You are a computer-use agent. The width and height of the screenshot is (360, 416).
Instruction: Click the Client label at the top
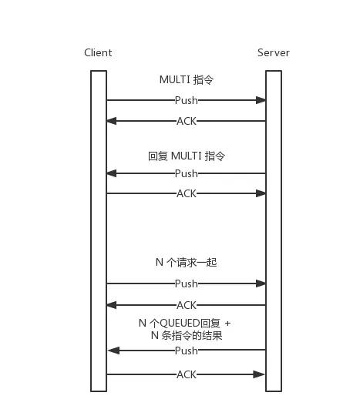[98, 52]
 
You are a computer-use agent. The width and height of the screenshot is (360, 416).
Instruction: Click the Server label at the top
[273, 52]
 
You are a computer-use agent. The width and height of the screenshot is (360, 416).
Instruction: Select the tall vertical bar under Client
[98, 231]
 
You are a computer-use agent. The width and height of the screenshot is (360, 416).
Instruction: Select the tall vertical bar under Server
[273, 231]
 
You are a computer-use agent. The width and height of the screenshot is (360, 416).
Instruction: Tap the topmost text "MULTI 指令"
[187, 79]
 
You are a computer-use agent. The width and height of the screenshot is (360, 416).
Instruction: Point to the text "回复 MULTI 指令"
[187, 156]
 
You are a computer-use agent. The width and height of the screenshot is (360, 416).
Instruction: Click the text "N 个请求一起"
[187, 263]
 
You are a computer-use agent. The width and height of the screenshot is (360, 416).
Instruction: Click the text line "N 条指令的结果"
[187, 335]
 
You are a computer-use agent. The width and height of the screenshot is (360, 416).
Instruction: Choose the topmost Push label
[187, 100]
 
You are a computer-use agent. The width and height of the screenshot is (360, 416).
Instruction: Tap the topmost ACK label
[187, 121]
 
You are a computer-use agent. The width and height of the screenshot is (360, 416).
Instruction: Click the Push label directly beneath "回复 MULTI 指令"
[187, 173]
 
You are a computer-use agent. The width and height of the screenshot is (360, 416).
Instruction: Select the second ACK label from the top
[187, 193]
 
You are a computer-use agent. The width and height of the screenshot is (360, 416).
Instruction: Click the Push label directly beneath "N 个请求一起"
[187, 283]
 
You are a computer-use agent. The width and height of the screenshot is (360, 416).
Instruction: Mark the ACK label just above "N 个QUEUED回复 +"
[187, 305]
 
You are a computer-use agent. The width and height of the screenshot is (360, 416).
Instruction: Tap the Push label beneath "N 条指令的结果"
[187, 351]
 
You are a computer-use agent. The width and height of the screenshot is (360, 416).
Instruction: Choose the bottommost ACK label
[187, 374]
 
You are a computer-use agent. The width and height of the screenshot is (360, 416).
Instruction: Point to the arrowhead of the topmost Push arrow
[262, 100]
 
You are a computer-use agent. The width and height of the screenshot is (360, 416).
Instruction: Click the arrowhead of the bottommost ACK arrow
[261, 374]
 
